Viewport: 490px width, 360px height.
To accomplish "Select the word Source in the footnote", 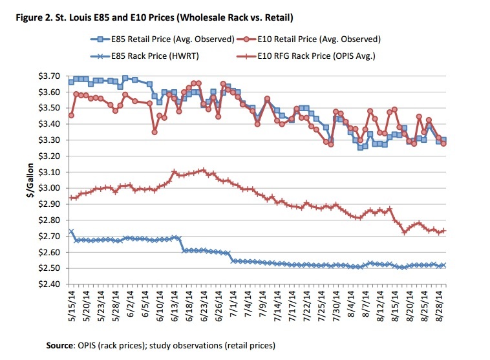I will click(x=61, y=344).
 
